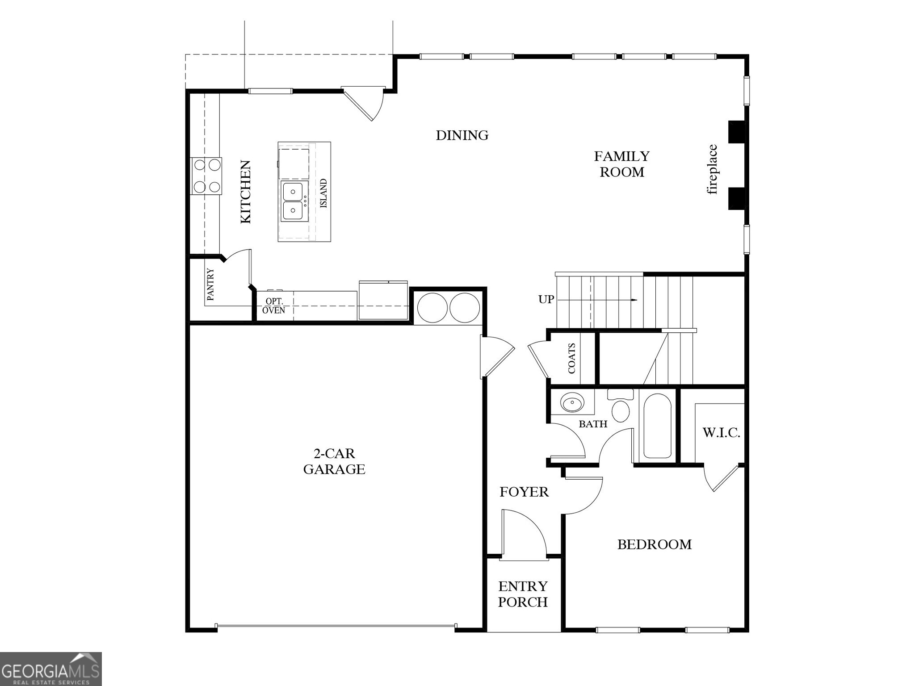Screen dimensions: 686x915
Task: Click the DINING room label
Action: click(x=462, y=135)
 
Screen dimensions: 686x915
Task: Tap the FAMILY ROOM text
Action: click(x=621, y=164)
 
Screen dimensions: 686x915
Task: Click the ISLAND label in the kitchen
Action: click(x=323, y=193)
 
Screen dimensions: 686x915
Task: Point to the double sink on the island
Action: click(x=294, y=201)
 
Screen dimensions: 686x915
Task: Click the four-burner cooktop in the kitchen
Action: click(x=206, y=176)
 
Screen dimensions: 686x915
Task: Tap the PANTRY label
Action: click(x=210, y=284)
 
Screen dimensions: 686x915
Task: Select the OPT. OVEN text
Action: click(x=273, y=306)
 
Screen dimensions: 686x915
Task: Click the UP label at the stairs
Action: click(x=546, y=299)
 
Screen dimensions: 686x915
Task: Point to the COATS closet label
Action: click(x=572, y=358)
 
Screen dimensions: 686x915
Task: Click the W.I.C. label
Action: click(x=721, y=432)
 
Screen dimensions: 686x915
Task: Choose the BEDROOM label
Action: click(x=654, y=544)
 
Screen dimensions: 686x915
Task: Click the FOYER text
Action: click(x=524, y=492)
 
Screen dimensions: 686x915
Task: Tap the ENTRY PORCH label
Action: click(x=523, y=594)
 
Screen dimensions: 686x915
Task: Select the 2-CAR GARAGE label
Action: click(x=334, y=461)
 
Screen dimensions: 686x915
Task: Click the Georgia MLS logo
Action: click(x=50, y=669)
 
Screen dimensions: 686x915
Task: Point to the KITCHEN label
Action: click(x=246, y=192)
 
